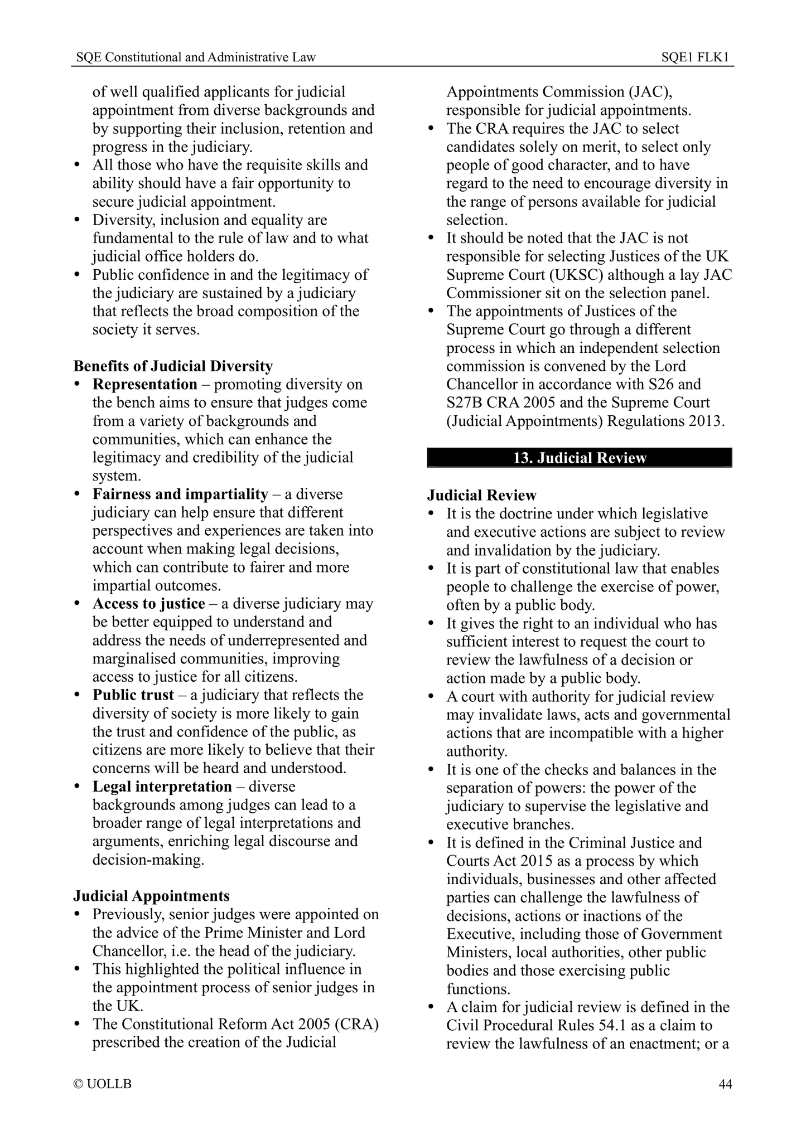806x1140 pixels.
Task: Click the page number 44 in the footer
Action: pyautogui.click(x=725, y=1084)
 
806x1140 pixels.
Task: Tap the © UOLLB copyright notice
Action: pyautogui.click(x=103, y=1084)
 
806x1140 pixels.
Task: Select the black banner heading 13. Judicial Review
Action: pyautogui.click(x=579, y=458)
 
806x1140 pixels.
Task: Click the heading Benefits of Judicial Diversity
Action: pyautogui.click(x=173, y=366)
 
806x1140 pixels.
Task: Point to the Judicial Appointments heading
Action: pyautogui.click(x=151, y=896)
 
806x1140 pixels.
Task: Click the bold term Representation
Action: pyautogui.click(x=144, y=385)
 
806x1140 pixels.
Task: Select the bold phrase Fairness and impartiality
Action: pyautogui.click(x=180, y=494)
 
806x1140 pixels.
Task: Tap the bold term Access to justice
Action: pyautogui.click(x=148, y=604)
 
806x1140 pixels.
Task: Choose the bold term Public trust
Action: pyautogui.click(x=133, y=695)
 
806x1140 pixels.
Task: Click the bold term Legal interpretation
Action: pyautogui.click(x=162, y=787)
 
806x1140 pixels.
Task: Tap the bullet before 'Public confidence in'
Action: pyautogui.click(x=78, y=275)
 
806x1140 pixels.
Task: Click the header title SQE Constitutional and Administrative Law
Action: pyautogui.click(x=196, y=57)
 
